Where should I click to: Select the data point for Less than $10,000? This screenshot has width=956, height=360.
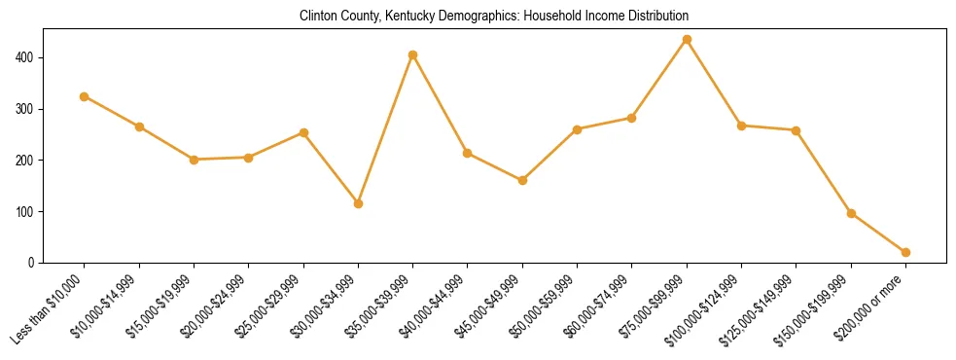(85, 96)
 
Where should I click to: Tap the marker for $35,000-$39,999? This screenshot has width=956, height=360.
(413, 54)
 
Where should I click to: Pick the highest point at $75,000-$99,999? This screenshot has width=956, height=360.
(687, 39)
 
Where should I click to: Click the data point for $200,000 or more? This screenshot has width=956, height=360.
(905, 252)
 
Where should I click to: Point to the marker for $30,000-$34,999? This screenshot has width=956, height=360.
(358, 203)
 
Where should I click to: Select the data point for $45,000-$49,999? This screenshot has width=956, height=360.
(522, 180)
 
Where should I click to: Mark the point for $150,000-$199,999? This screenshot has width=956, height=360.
(851, 213)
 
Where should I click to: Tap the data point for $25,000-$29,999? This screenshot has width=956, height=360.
(303, 132)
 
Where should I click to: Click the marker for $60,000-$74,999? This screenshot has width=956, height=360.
(632, 118)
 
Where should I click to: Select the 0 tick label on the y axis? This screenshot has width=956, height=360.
(32, 263)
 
